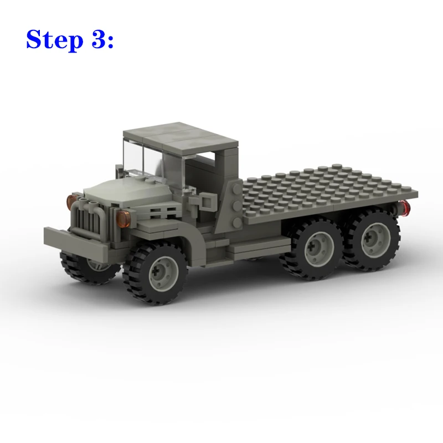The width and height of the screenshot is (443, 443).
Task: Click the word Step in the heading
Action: pyautogui.click(x=55, y=40)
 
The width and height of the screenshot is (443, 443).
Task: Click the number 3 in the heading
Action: pyautogui.click(x=98, y=39)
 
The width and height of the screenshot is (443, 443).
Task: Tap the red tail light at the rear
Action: pyautogui.click(x=405, y=208)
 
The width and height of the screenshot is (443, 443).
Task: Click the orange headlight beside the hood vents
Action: pyautogui.click(x=123, y=219)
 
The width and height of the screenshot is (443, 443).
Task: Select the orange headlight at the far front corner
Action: pyautogui.click(x=71, y=202)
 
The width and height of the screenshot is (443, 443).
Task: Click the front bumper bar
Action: pyautogui.click(x=76, y=241)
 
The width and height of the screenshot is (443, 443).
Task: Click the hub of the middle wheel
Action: pyautogui.click(x=320, y=249)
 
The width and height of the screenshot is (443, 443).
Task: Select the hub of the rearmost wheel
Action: pyautogui.click(x=376, y=240)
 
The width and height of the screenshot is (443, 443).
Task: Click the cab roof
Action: pyautogui.click(x=181, y=138)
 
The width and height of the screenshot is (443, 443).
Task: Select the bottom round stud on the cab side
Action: pyautogui.click(x=237, y=223)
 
